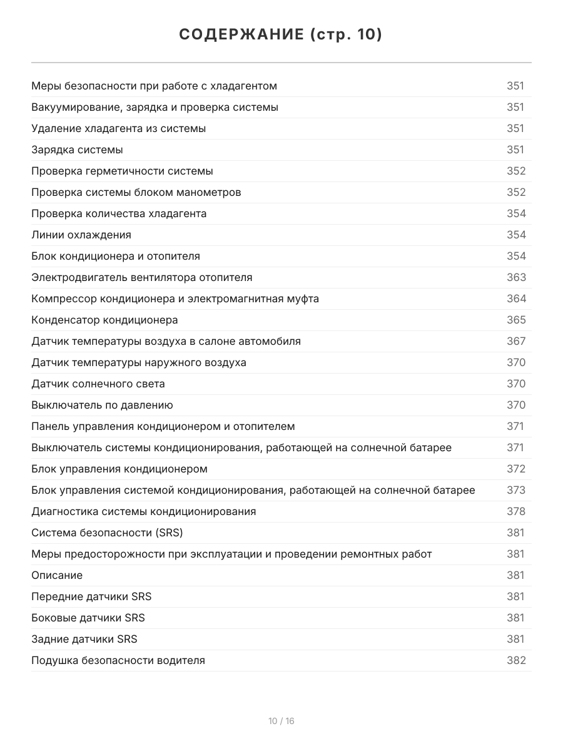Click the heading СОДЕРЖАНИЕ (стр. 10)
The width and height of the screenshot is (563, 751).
[281, 34]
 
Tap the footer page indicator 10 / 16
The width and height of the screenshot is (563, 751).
[281, 721]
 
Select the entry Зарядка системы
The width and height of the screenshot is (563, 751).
[77, 150]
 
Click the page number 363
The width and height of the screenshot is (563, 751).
[516, 277]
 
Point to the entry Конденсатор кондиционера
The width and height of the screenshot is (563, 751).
[104, 320]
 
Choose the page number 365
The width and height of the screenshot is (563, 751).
[516, 320]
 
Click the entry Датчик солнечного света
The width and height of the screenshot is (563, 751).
[98, 384]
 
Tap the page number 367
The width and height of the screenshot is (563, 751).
[516, 341]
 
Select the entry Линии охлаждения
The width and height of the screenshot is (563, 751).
[81, 235]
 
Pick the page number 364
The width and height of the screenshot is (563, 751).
[516, 299]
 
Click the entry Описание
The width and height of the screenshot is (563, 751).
[57, 575]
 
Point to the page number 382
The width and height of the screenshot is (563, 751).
[516, 660]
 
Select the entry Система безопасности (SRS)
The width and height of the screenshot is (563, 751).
[107, 533]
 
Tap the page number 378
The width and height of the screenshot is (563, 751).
[516, 511]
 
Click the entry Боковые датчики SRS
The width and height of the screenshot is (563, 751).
[88, 618]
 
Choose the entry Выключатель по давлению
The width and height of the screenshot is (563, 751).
[102, 405]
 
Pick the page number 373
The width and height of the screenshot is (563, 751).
[516, 490]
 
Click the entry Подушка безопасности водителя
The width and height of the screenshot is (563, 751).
[118, 660]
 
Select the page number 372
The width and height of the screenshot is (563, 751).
[516, 469]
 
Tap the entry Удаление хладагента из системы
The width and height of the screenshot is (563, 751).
[119, 128]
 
